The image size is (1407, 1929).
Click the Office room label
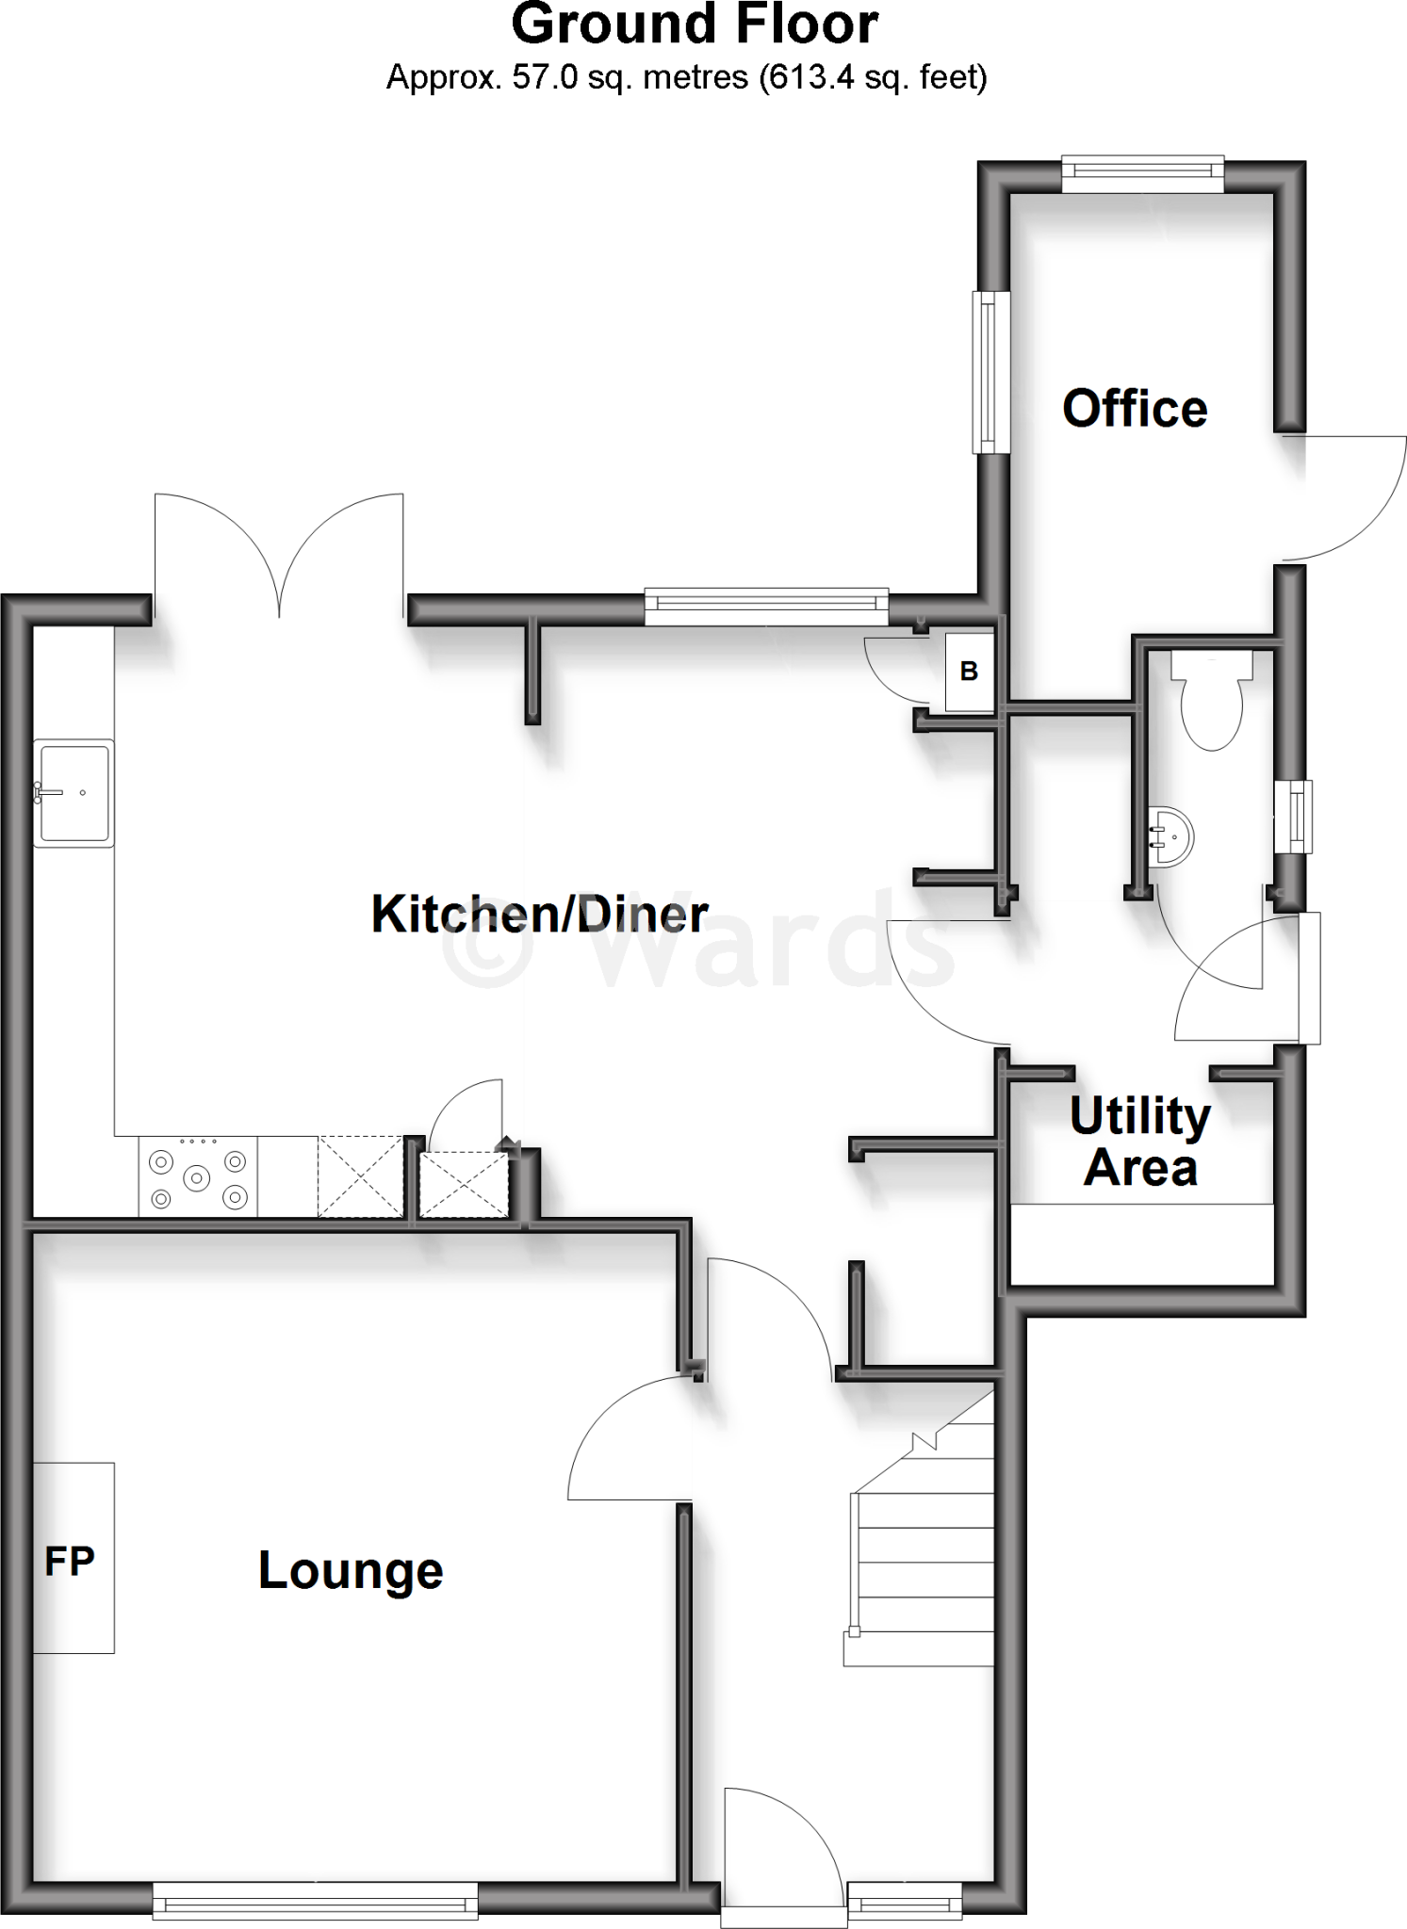(1135, 409)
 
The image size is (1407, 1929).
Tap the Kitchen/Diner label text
(539, 914)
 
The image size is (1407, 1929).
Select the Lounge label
(351, 1570)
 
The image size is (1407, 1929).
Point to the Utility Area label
(1140, 1142)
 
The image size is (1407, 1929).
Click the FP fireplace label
(70, 1562)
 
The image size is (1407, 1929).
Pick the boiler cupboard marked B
(969, 671)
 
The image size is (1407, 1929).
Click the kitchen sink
(74, 792)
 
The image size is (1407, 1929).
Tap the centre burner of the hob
(197, 1176)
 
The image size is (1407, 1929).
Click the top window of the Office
(1142, 170)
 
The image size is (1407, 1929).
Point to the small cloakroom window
(1298, 816)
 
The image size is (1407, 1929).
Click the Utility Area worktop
(1141, 1243)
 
